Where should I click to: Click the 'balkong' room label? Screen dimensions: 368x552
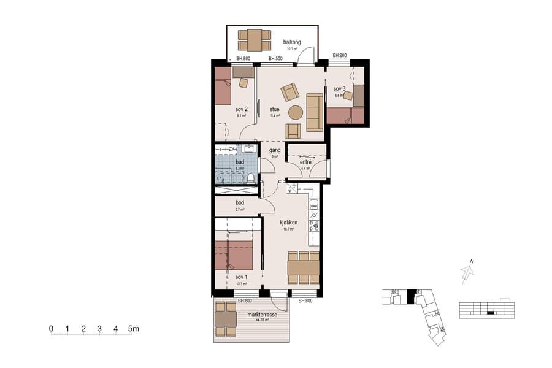(x=291, y=42)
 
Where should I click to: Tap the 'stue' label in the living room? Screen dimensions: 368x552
(x=274, y=110)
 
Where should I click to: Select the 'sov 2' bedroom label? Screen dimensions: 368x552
(x=240, y=109)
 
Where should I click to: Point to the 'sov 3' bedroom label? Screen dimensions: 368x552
(x=340, y=89)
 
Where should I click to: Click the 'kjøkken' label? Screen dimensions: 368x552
(x=288, y=222)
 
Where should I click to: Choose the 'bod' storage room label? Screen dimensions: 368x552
(x=240, y=203)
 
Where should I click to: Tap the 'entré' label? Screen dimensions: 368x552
(x=305, y=161)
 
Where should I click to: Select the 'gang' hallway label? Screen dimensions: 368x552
(x=275, y=150)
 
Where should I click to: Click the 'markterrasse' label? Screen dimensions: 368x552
(x=262, y=315)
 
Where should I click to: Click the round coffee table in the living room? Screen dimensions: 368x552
(x=296, y=113)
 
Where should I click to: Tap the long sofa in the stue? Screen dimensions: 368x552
(x=315, y=112)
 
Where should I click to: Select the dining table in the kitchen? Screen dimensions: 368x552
(x=304, y=267)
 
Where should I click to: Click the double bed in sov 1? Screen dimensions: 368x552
(x=234, y=256)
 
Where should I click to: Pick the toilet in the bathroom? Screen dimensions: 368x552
(x=250, y=178)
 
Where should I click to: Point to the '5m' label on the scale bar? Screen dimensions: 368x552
(x=134, y=328)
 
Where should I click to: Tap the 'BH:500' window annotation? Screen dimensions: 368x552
(x=275, y=59)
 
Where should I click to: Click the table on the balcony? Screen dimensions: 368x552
(x=254, y=40)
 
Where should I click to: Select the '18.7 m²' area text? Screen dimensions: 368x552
(x=288, y=229)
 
